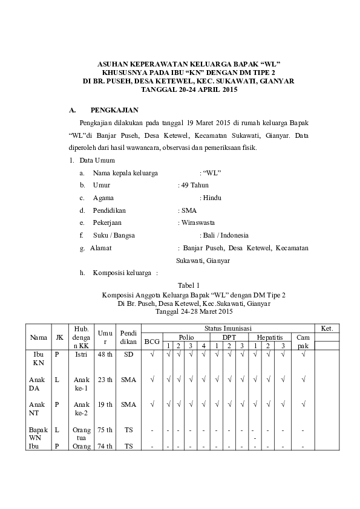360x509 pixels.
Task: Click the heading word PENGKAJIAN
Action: (x=114, y=110)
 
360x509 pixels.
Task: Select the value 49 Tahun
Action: (x=194, y=185)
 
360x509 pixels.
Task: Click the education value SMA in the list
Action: (x=188, y=210)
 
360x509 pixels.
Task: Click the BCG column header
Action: (x=151, y=342)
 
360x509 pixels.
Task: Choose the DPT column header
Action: (x=229, y=337)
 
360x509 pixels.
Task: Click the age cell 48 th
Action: (x=105, y=354)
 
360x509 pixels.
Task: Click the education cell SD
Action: (x=128, y=354)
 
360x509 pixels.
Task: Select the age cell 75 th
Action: (x=105, y=430)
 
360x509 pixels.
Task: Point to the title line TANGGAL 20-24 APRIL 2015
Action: (x=189, y=89)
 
